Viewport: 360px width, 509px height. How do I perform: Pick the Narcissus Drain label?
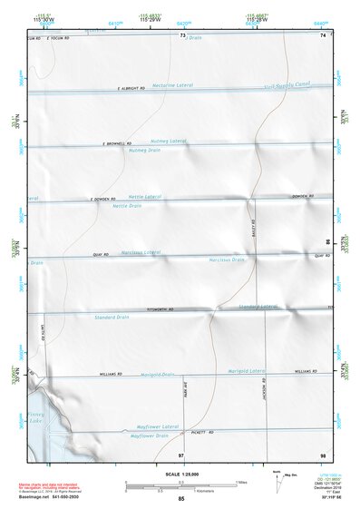pyautogui.click(x=227, y=259)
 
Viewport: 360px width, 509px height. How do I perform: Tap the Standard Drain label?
pyautogui.click(x=112, y=317)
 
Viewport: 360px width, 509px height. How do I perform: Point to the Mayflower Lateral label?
pyautogui.click(x=159, y=426)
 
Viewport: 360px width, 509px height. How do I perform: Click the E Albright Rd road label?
pyautogui.click(x=132, y=89)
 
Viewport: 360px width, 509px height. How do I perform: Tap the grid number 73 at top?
pyautogui.click(x=182, y=35)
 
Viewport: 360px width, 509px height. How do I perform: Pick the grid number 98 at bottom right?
pyautogui.click(x=322, y=453)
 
